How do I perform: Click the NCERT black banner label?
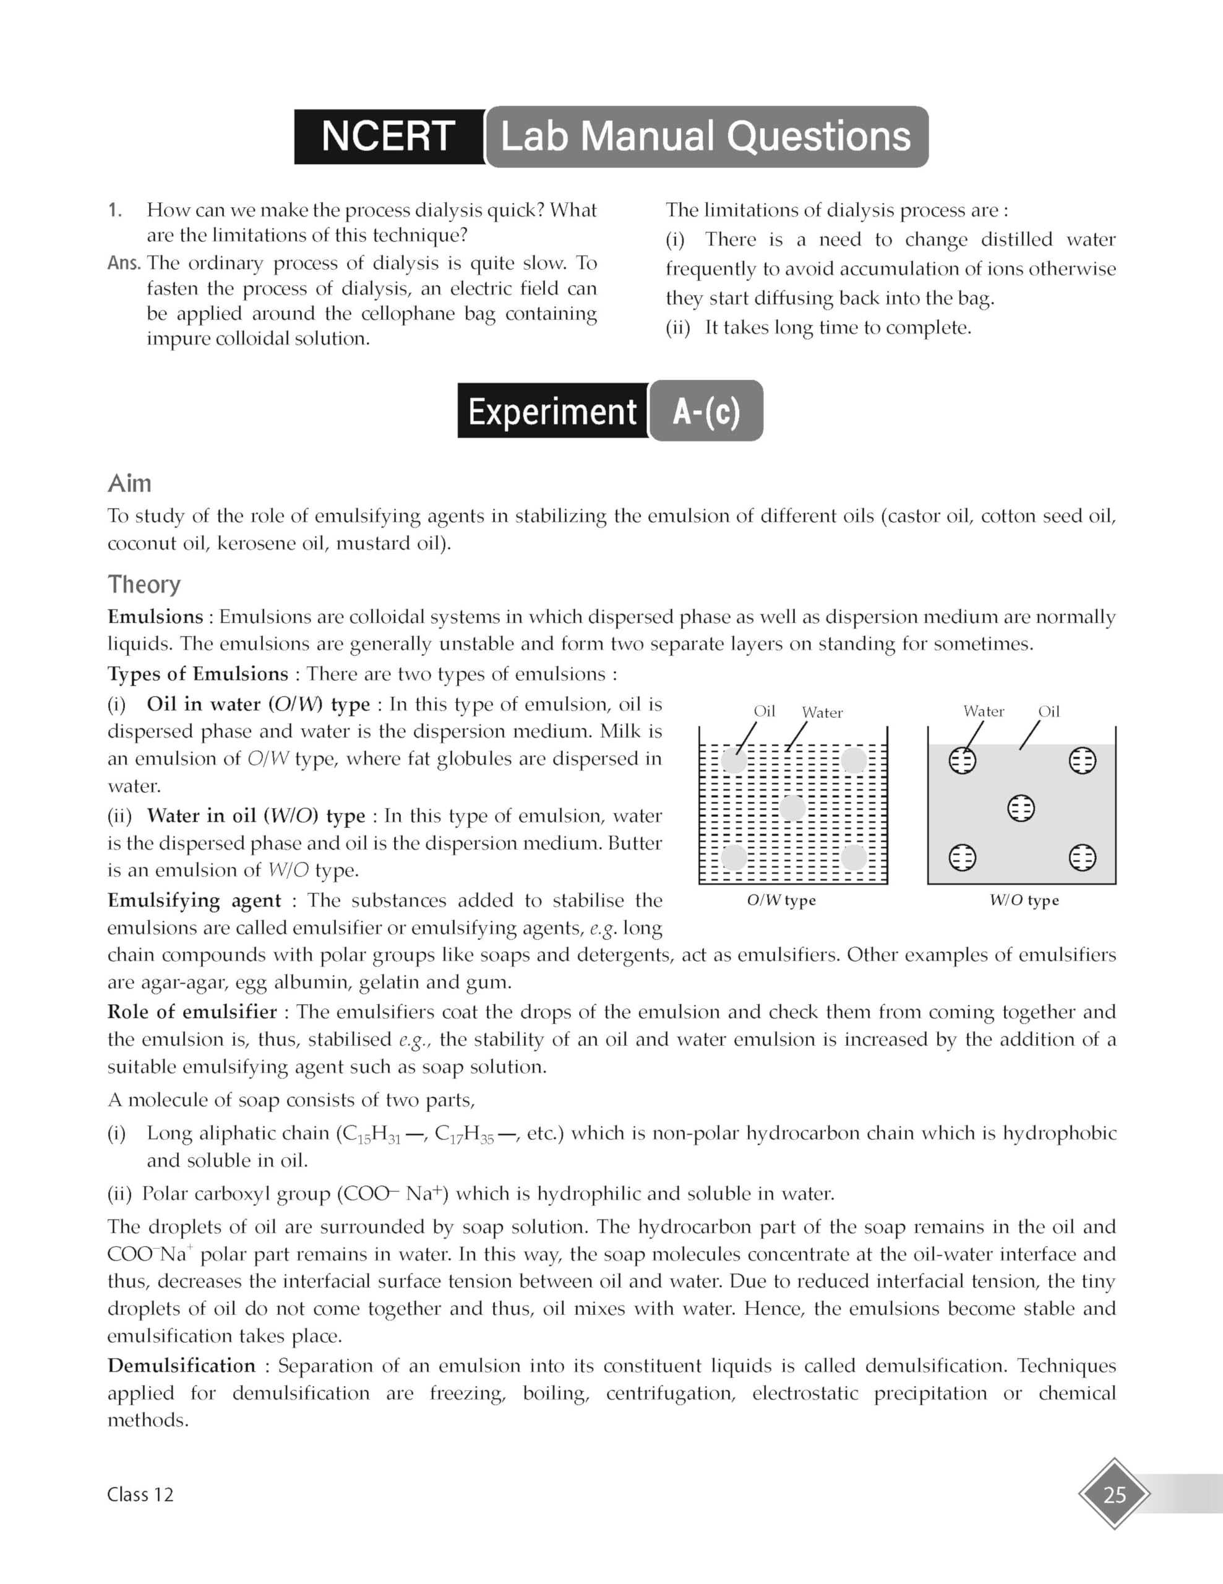pyautogui.click(x=388, y=136)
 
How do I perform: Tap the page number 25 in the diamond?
pyautogui.click(x=1114, y=1494)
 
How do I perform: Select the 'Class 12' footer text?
pyautogui.click(x=140, y=1494)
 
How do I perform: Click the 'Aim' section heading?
pyautogui.click(x=130, y=484)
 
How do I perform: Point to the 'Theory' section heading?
pyautogui.click(x=144, y=585)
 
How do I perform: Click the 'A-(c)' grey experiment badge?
pyautogui.click(x=706, y=411)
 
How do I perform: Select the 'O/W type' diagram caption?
pyautogui.click(x=781, y=900)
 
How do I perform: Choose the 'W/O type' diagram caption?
pyautogui.click(x=1024, y=900)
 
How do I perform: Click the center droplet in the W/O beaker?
pyautogui.click(x=1021, y=808)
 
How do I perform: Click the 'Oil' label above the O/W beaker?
pyautogui.click(x=764, y=711)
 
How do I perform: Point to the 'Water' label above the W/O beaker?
pyautogui.click(x=984, y=711)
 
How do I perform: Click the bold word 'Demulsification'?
pyautogui.click(x=181, y=1366)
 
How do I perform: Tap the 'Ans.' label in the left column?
pyautogui.click(x=124, y=262)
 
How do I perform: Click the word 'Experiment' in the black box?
pyautogui.click(x=552, y=411)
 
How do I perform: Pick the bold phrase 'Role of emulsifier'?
pyautogui.click(x=192, y=1012)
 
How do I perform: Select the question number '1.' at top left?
pyautogui.click(x=115, y=210)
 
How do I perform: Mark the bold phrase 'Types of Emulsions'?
pyautogui.click(x=198, y=674)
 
